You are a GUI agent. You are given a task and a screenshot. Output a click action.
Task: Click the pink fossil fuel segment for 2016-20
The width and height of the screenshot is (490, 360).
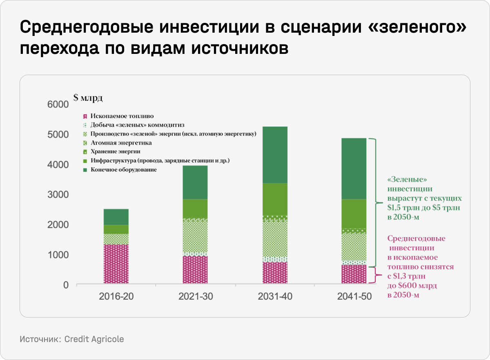(x=116, y=264)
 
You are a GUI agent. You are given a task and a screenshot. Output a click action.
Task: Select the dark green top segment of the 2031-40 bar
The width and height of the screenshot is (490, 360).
(x=275, y=155)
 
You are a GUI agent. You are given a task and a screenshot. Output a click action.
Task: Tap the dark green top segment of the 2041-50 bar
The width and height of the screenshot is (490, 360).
(x=354, y=169)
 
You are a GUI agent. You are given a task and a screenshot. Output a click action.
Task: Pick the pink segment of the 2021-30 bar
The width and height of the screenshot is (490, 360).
(x=195, y=269)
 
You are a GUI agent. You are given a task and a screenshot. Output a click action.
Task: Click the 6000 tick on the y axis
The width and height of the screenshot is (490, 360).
(x=59, y=104)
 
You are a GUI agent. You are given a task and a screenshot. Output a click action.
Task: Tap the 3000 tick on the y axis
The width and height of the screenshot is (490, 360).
(x=59, y=195)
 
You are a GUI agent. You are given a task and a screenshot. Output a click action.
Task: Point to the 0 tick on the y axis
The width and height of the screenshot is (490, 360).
(x=65, y=285)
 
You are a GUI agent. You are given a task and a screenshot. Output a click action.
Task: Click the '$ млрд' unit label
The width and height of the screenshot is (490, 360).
(x=88, y=98)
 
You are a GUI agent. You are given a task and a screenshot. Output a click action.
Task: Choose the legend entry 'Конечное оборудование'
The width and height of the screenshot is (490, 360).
(x=123, y=169)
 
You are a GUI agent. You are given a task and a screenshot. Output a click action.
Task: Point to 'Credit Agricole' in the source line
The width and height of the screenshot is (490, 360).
(x=94, y=339)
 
